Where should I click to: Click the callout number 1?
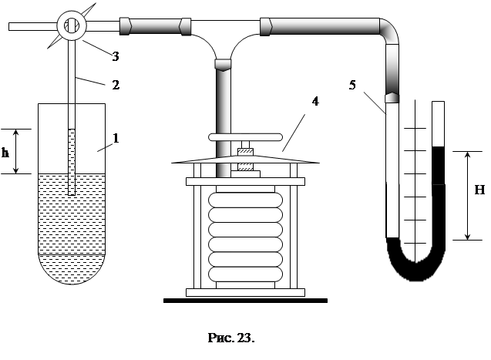coord(116,138)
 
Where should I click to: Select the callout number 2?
coord(116,85)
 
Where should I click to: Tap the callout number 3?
coord(116,57)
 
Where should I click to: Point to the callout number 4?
coord(315,101)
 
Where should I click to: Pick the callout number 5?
coord(352,85)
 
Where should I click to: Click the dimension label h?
coord(5,153)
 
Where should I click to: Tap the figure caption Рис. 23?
coord(231,338)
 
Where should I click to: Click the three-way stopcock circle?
coord(72,26)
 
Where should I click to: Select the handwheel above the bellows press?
coord(245,137)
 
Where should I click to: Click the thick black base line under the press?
coord(245,301)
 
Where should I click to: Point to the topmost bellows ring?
coord(245,200)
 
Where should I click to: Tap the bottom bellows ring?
coord(245,274)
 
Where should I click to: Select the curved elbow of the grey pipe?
coord(390,31)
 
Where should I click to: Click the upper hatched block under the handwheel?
coord(245,152)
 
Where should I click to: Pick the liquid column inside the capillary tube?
coord(72,162)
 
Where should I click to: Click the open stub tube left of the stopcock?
coord(33,27)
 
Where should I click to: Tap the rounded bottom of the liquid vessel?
coord(72,269)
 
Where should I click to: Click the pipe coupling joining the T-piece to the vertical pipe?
coord(223,65)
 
